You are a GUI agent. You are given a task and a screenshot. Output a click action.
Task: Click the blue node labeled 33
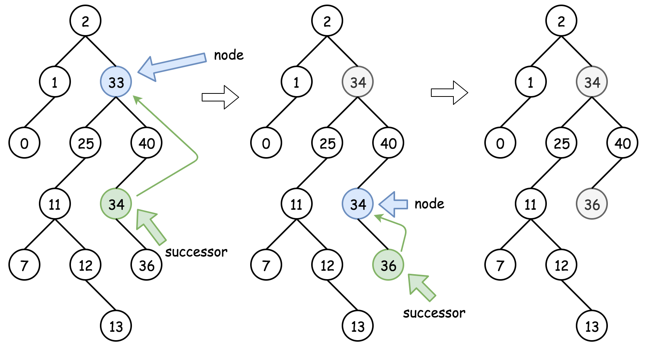coord(116,82)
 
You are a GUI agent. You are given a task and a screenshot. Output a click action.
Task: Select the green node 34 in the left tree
coord(116,204)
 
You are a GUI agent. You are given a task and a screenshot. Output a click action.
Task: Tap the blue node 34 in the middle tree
coord(357,204)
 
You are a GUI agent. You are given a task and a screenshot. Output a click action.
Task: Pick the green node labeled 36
coord(388,265)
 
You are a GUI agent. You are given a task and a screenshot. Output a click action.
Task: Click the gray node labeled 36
coord(591,204)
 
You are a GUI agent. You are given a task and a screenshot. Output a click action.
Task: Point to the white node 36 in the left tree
coord(146,265)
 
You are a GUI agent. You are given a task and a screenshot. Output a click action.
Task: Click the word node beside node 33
coord(228,55)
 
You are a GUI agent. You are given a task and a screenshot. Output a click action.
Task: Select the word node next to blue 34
coord(429,204)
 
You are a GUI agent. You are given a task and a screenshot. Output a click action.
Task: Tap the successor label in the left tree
coord(196,252)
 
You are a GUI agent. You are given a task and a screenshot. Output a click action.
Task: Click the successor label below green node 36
coord(434,313)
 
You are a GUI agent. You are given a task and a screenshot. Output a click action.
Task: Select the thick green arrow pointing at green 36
coord(420,287)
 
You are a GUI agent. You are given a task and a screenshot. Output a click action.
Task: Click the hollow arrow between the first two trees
coord(220,97)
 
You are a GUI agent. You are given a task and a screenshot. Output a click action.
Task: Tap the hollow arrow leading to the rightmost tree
coord(449,92)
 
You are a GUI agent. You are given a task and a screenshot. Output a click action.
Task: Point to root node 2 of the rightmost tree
coord(561,21)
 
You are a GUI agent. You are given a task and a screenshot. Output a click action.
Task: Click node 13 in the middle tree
coord(357,326)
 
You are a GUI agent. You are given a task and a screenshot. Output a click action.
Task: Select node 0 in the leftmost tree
coord(24,143)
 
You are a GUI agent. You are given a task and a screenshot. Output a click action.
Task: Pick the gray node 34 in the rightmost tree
coord(591,82)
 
